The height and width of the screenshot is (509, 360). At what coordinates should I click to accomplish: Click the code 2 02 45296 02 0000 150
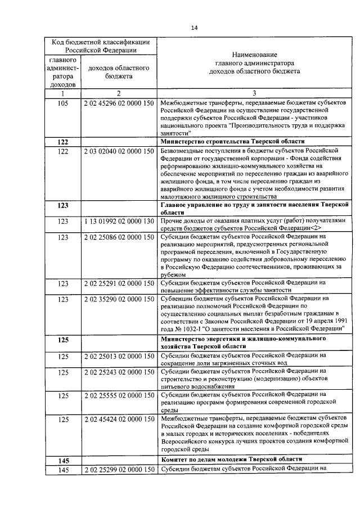click(x=119, y=103)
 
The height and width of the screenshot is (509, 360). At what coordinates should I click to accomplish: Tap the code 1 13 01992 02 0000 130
click(x=119, y=222)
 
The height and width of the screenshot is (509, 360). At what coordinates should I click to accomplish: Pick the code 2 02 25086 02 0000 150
click(x=119, y=237)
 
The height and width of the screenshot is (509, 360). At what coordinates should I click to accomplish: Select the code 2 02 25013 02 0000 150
click(x=119, y=356)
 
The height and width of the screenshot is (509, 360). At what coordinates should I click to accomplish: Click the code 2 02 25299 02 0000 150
click(x=119, y=469)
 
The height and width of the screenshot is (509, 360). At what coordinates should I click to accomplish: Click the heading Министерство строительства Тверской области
click(x=232, y=142)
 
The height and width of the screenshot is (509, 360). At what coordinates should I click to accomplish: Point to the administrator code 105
click(x=63, y=103)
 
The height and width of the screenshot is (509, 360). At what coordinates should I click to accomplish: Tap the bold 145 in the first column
click(x=63, y=461)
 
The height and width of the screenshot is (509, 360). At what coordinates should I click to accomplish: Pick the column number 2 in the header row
click(x=119, y=93)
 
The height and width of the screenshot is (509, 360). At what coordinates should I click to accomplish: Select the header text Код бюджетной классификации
click(x=101, y=42)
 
